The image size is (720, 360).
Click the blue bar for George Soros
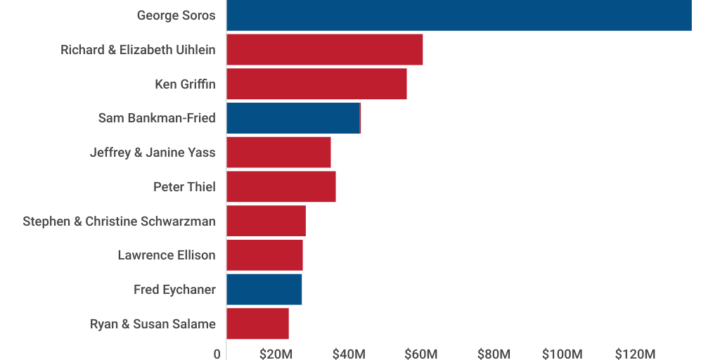pos(458,15)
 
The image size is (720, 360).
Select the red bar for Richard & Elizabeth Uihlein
pos(324,49)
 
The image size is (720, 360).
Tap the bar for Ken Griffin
pos(316,84)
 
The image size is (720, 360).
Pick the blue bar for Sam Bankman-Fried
pos(292,118)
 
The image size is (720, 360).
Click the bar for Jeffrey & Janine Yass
pos(278,152)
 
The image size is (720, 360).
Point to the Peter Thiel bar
pos(281,186)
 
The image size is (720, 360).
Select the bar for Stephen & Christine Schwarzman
pos(266,221)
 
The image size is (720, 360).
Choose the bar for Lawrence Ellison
pos(264,255)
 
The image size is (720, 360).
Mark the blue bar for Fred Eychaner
pos(264,289)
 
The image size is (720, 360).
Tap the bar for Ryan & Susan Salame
pos(257,323)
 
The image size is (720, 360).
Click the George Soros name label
pos(176,15)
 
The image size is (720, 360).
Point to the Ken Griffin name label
pos(185,84)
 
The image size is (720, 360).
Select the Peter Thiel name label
pos(184,187)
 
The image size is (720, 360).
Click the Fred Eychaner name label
pos(174,290)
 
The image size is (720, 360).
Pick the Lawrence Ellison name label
pos(167,255)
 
